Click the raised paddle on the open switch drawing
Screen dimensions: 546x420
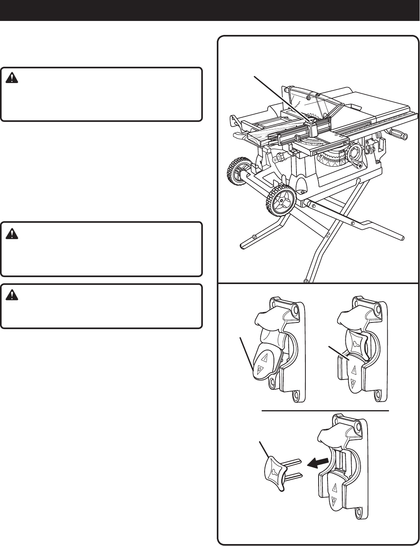click(x=265, y=363)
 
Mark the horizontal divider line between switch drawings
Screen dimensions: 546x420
click(x=326, y=410)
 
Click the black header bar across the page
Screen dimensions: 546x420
click(x=210, y=10)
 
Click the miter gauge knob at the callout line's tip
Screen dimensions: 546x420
click(x=309, y=121)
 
